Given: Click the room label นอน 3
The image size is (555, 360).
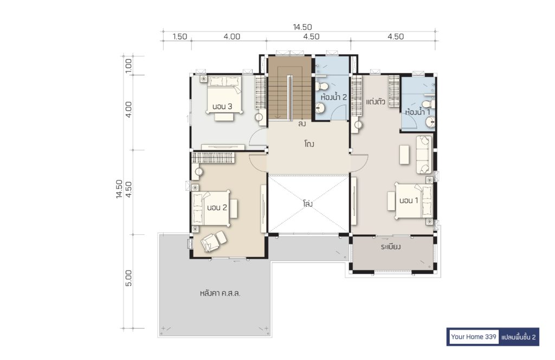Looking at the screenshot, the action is (x=222, y=106).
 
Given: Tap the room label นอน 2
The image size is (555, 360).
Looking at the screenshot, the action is (x=217, y=208).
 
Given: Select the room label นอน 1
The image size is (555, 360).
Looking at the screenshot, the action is (x=409, y=201).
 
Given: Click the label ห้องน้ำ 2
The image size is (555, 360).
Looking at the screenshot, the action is (x=333, y=97).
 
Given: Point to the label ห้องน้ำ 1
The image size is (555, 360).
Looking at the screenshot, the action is (x=418, y=112).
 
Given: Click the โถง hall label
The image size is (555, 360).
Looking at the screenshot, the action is (x=308, y=144).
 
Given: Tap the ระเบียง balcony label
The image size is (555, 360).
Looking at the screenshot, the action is (x=390, y=247).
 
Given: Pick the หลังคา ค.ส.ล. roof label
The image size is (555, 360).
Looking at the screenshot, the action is (x=220, y=293).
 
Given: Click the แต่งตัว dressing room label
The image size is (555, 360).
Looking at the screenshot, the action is (x=375, y=102).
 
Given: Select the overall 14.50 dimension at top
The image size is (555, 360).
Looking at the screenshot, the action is (x=302, y=27).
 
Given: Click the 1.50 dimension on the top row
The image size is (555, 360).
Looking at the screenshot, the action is (x=180, y=36).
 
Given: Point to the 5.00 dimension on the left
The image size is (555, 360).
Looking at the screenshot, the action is (x=128, y=278).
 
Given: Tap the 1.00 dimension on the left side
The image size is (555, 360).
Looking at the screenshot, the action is (x=128, y=66).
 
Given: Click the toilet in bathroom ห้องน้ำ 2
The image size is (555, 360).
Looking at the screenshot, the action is (x=322, y=86).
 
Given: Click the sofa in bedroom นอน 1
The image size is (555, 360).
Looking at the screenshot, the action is (x=424, y=155).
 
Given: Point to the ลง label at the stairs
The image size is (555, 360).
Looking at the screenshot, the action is (x=302, y=124).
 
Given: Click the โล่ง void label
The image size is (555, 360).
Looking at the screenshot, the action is (x=308, y=204).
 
